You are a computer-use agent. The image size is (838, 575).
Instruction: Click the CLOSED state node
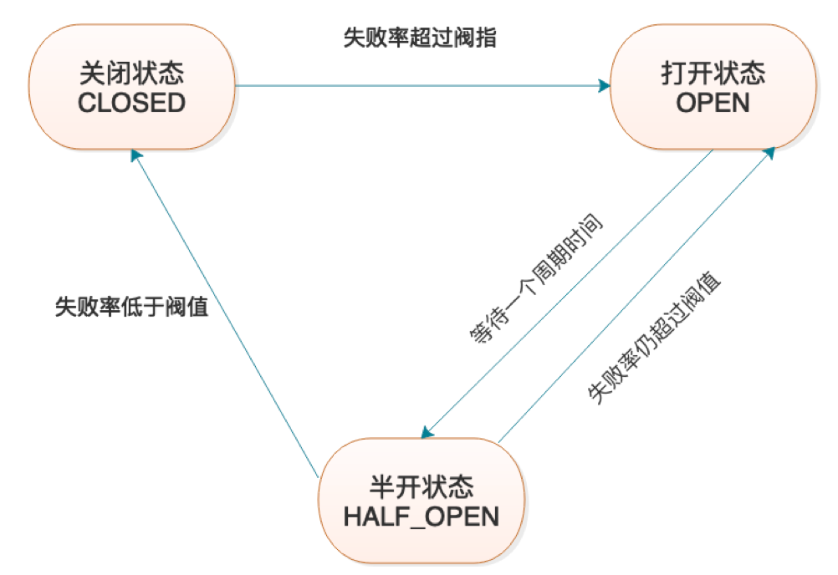click(131, 88)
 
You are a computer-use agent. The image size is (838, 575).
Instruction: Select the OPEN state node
click(712, 88)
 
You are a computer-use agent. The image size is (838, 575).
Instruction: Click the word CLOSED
click(131, 103)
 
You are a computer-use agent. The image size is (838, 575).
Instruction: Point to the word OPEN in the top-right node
click(713, 103)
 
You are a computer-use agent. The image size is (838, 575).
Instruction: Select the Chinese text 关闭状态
click(131, 74)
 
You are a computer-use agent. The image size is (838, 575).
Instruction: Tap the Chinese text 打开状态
click(713, 74)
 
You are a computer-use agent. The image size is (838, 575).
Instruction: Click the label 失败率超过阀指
click(420, 38)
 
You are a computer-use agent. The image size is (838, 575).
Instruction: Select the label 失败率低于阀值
click(131, 308)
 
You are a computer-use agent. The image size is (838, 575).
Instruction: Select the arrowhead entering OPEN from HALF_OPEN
click(769, 153)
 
